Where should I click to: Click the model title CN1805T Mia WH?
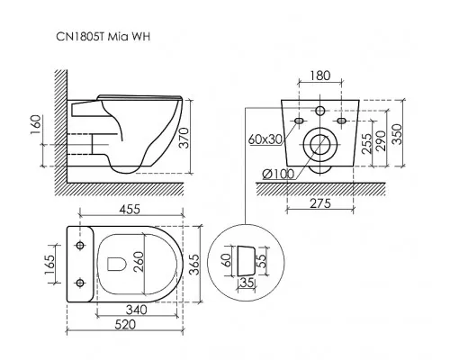coord(103,37)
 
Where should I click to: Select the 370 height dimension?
coord(185,138)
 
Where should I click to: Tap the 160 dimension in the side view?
coord(36,125)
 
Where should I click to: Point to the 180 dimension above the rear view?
coord(320,76)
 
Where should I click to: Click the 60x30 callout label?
coord(265,139)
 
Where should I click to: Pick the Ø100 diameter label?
coord(278,174)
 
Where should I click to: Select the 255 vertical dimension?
coord(366,143)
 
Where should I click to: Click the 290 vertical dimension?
coord(381,140)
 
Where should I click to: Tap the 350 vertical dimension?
coord(397,134)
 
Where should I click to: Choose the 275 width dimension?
coord(320,203)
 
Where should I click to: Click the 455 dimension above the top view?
coord(130,210)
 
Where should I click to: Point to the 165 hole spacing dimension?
coord(49,265)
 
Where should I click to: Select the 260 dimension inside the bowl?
coord(139,262)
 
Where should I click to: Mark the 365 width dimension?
coord(194,265)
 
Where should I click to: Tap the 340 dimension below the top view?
coord(137,310)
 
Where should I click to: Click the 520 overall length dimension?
coord(125,325)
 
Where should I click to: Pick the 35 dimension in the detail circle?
coord(247,283)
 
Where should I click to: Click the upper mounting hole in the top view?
coord(80,246)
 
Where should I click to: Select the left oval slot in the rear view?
coord(299,121)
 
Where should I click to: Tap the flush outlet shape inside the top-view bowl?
coord(116,264)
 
